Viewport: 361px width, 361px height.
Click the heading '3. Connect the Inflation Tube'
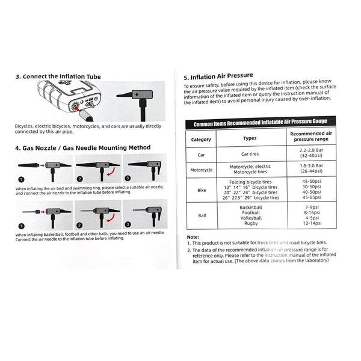(58, 76)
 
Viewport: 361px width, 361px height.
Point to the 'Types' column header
(250, 138)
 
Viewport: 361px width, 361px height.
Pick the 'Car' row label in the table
(201, 154)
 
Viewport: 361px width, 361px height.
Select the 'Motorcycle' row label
(201, 170)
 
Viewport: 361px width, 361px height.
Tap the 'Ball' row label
(201, 215)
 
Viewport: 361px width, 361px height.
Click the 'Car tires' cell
(250, 154)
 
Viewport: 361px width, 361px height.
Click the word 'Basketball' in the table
(250, 206)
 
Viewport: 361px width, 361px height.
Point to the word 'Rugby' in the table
(250, 223)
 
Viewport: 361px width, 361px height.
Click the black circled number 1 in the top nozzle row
(20, 179)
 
